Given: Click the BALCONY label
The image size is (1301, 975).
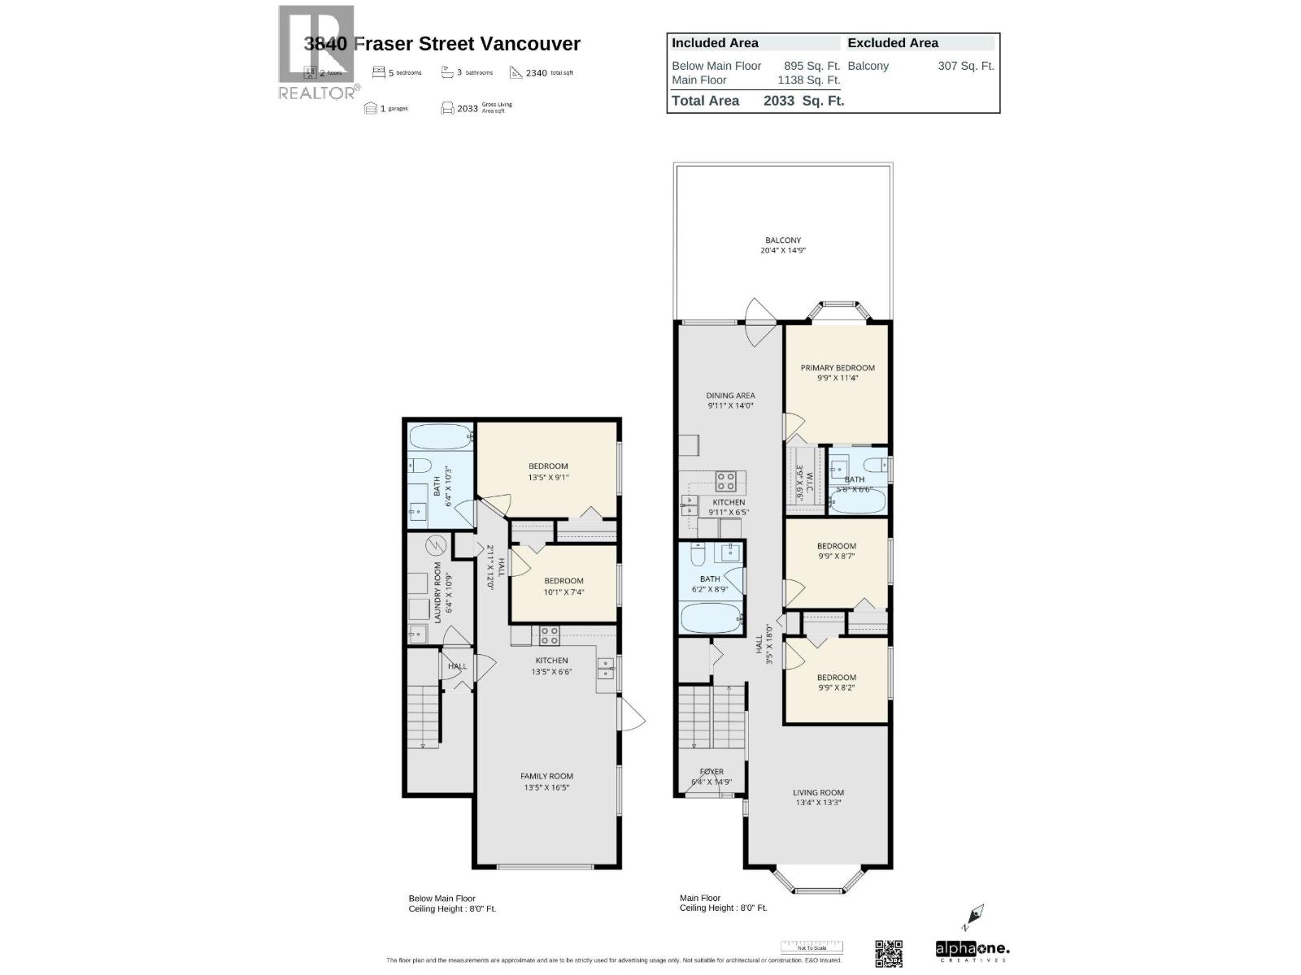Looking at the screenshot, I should [782, 240].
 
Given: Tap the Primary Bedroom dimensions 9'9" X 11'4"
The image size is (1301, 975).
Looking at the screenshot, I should [837, 378].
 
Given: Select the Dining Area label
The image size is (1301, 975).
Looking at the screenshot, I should [730, 396].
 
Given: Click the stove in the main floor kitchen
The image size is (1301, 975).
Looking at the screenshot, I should [725, 481].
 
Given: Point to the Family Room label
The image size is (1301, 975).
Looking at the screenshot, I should [546, 776].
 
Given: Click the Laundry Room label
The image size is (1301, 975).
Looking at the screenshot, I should [437, 592].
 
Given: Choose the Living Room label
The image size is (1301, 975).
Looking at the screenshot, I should [818, 792].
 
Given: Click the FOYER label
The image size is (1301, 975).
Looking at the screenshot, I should [711, 772].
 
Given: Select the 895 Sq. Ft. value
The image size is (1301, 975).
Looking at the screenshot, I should [811, 66].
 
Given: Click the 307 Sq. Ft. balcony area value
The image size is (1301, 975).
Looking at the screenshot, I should [965, 66].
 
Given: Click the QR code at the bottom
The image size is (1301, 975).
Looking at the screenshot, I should [889, 953].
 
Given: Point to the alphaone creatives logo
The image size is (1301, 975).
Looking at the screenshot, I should [972, 951].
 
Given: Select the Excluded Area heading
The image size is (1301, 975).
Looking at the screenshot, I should [892, 43].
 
